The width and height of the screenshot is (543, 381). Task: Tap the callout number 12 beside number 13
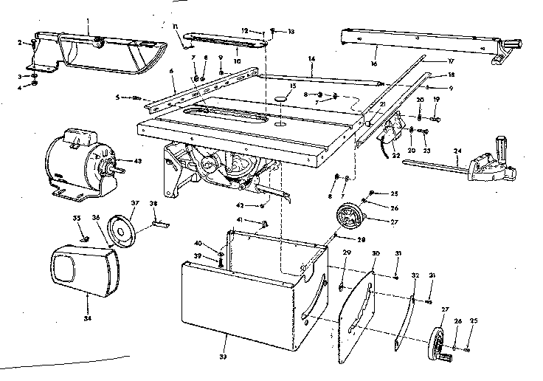[244, 31]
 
